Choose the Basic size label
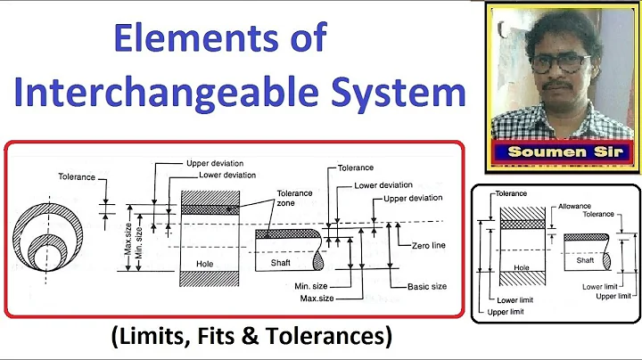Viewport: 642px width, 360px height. pos(426,288)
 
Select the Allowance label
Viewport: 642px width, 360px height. pos(575,205)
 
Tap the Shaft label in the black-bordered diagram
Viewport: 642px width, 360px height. pos(585,260)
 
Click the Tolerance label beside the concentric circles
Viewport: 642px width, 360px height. pos(76,176)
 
